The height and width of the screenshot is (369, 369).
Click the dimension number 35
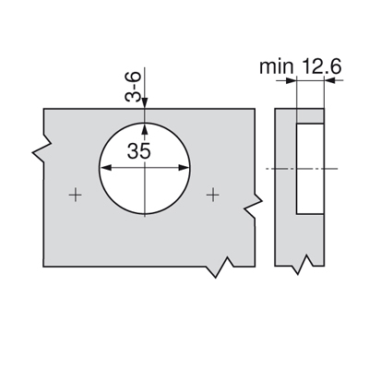pos(139,151)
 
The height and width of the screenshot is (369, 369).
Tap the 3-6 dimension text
pos(133,87)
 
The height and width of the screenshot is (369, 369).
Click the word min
pos(276,66)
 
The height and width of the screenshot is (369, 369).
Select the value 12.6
pos(322,66)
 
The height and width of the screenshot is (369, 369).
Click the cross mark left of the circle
pos(75,195)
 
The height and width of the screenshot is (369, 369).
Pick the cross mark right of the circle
pos(212,195)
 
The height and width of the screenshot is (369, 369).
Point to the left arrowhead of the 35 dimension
pos(106,168)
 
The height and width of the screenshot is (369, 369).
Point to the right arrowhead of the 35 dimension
pos(184,168)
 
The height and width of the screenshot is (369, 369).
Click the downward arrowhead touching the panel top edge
pos(145,103)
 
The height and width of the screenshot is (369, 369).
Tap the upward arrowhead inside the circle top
pos(145,128)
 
